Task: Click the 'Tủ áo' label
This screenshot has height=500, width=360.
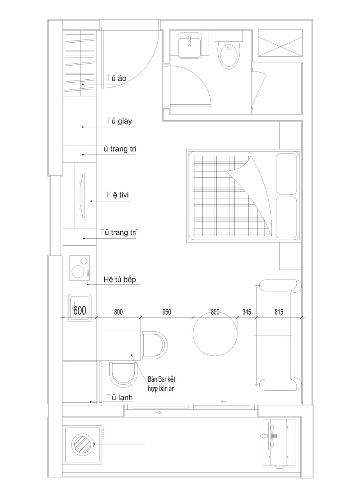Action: [x=116, y=79]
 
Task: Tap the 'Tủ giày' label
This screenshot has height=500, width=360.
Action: [x=119, y=121]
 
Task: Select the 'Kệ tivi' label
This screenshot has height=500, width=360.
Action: [x=118, y=195]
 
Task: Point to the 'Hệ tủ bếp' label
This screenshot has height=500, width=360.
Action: [x=120, y=279]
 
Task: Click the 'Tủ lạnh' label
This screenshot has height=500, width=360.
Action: [x=120, y=397]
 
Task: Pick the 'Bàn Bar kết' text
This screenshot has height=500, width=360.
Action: [x=162, y=379]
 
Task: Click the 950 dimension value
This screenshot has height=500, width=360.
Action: [x=167, y=312]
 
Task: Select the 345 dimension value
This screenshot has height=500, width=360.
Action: [x=247, y=312]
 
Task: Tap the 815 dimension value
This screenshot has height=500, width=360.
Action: [x=279, y=312]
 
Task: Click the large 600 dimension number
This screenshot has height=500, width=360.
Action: [x=80, y=310]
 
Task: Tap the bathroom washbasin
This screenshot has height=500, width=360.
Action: [x=190, y=45]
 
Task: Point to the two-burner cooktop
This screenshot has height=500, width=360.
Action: [x=80, y=268]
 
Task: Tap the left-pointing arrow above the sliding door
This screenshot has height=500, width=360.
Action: [x=224, y=401]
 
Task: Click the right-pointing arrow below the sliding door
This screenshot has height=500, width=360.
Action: [x=158, y=412]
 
